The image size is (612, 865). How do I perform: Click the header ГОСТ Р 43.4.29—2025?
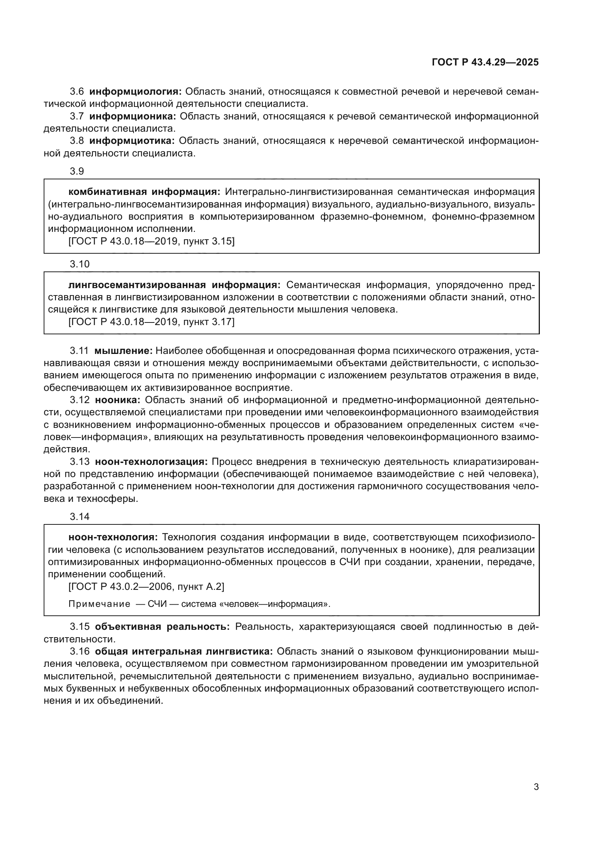point(485,62)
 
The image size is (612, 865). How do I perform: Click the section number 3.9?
point(77,172)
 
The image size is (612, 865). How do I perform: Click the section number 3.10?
point(80,264)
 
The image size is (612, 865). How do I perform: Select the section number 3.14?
point(80,517)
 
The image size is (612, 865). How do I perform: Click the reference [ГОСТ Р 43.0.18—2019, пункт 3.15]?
point(151,241)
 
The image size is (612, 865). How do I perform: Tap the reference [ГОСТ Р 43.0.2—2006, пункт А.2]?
point(146,587)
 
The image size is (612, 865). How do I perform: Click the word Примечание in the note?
point(99,604)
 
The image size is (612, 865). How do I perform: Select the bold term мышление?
point(123,351)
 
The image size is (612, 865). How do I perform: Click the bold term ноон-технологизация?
point(151,462)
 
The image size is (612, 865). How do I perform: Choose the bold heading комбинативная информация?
point(144,192)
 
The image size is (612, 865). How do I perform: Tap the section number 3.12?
point(80,400)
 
